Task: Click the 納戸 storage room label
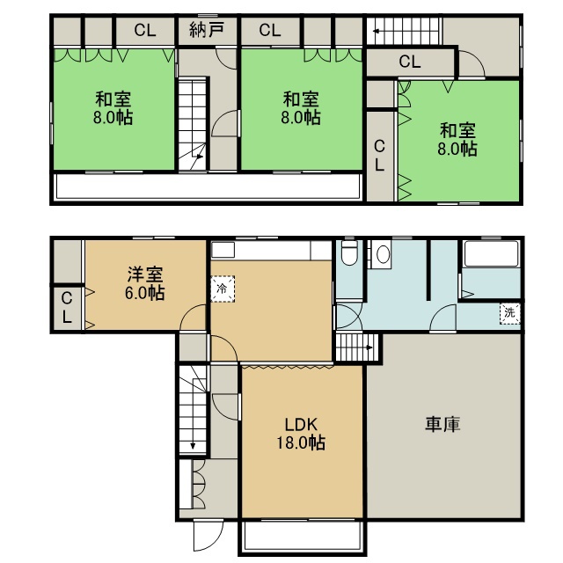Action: coord(207,30)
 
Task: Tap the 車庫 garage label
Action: coord(442,424)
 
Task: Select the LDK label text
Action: coord(301,425)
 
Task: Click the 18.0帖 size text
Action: coord(301,442)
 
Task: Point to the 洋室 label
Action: coord(145,274)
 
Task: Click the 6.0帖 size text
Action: coord(145,293)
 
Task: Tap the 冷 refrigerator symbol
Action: coord(223,289)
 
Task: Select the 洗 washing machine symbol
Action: coord(510,313)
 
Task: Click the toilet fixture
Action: coord(349,252)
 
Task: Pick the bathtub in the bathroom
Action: coord(491,254)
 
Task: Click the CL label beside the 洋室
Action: coord(67,308)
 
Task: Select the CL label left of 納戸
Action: coord(145,30)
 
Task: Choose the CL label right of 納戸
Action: coord(270,30)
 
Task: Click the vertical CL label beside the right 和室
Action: coord(379,156)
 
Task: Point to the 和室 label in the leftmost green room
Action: coord(113,99)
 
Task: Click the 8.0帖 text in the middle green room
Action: coord(301,117)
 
